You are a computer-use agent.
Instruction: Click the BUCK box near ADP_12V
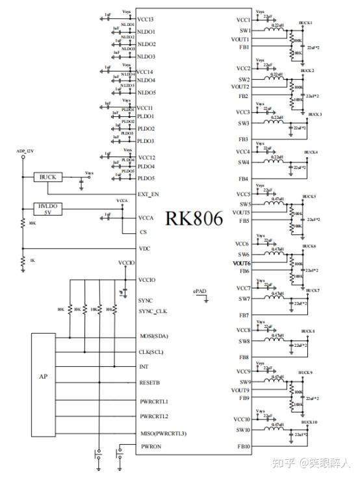click(x=47, y=177)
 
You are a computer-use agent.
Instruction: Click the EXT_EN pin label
click(x=149, y=194)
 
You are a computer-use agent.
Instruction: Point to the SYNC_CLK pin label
click(x=153, y=311)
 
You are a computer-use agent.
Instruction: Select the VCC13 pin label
click(x=146, y=19)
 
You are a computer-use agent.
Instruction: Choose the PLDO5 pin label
click(x=146, y=178)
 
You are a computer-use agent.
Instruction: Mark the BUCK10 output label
click(x=307, y=422)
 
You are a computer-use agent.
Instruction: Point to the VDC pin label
click(x=145, y=248)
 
